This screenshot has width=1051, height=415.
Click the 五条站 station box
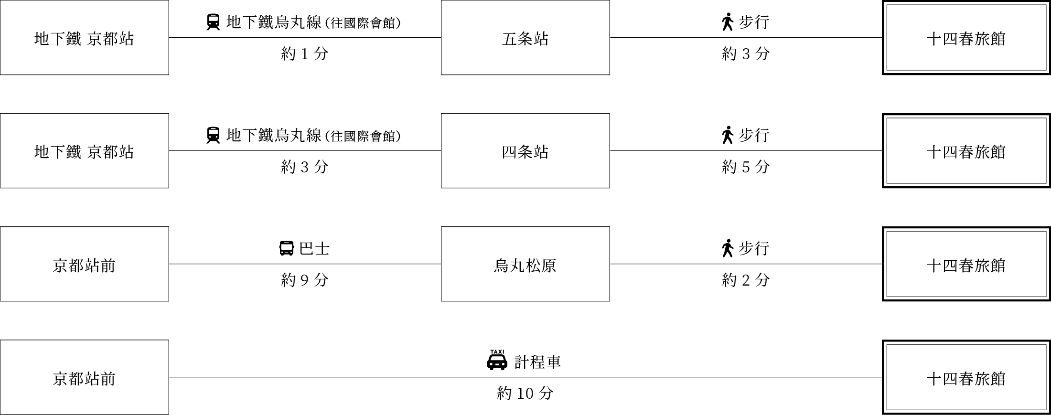click(525, 38)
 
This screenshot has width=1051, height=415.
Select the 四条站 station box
click(525, 151)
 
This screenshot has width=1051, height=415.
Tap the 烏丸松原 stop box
click(525, 264)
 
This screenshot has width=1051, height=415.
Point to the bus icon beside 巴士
click(286, 248)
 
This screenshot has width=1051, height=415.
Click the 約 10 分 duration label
click(525, 394)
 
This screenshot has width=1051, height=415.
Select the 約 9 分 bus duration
click(305, 280)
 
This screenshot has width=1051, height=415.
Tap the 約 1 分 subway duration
click(305, 54)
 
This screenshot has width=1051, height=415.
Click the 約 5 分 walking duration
click(746, 167)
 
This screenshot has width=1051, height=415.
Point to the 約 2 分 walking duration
click(746, 280)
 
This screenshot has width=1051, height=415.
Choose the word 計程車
click(537, 362)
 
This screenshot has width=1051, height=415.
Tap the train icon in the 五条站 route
click(213, 22)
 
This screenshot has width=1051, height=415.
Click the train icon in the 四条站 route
click(213, 135)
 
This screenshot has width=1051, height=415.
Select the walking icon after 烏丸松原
click(728, 248)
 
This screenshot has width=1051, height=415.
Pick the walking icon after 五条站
click(728, 22)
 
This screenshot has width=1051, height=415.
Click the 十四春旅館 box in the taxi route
click(966, 377)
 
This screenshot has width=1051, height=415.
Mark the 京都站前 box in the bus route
click(85, 264)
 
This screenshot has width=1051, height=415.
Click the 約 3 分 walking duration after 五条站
click(746, 54)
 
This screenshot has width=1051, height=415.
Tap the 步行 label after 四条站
click(754, 135)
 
